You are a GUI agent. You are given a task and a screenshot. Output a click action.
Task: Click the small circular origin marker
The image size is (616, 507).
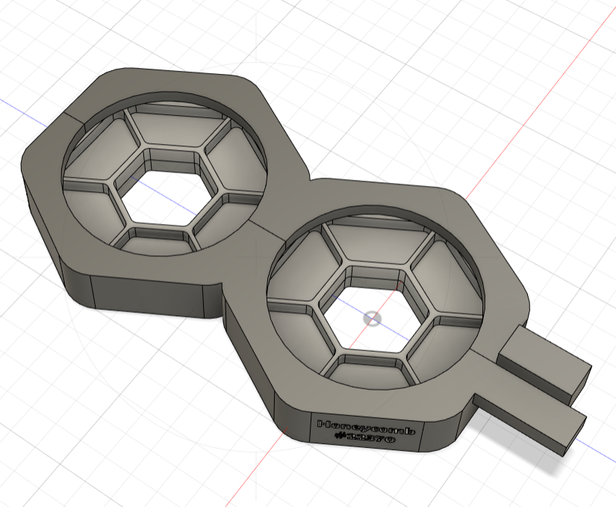point(371,319)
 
